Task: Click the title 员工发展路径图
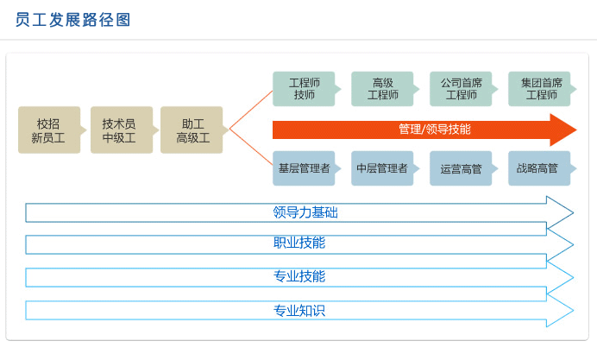72,20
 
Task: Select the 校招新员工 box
49,129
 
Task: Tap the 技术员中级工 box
122,129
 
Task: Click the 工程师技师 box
305,89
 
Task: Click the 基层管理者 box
305,168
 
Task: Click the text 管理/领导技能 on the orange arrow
435,129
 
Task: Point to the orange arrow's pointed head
576,129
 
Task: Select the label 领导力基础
305,212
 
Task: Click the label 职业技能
299,243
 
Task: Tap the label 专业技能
299,276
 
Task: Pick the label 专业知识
299,311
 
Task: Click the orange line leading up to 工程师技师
251,110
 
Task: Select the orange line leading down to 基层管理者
251,148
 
